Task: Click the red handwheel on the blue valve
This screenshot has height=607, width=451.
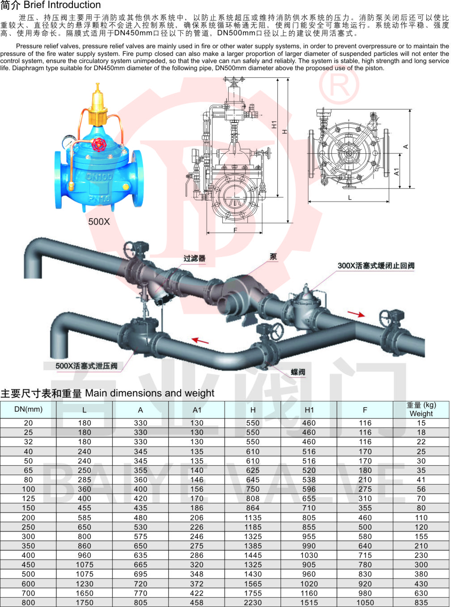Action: pos(98,144)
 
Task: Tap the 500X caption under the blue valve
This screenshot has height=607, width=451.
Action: pos(99,221)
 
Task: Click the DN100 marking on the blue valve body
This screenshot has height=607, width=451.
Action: pos(99,177)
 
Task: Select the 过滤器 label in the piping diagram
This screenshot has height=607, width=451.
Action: pos(194,258)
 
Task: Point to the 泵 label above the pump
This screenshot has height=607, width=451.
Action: pos(273,257)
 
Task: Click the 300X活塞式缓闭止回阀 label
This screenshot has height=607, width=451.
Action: pos(376,266)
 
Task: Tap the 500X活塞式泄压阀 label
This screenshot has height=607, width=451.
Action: pos(86,366)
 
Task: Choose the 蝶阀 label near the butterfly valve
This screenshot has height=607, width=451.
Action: pos(298,372)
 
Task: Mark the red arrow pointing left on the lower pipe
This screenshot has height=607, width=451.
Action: pos(200,341)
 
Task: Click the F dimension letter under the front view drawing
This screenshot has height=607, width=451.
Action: pos(235,230)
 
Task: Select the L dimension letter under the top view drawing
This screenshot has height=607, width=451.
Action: pos(350,198)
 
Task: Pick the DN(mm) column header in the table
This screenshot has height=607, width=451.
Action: pos(28,409)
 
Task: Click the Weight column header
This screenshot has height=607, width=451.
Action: pos(421,409)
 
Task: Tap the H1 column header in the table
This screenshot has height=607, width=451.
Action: pos(309,410)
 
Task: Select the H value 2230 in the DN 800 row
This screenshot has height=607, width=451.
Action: pos(253,603)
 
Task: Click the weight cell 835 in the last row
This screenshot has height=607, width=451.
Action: pos(421,603)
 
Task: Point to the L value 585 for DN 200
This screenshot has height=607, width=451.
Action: pos(85,518)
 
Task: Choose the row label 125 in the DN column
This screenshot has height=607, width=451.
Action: pos(28,498)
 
